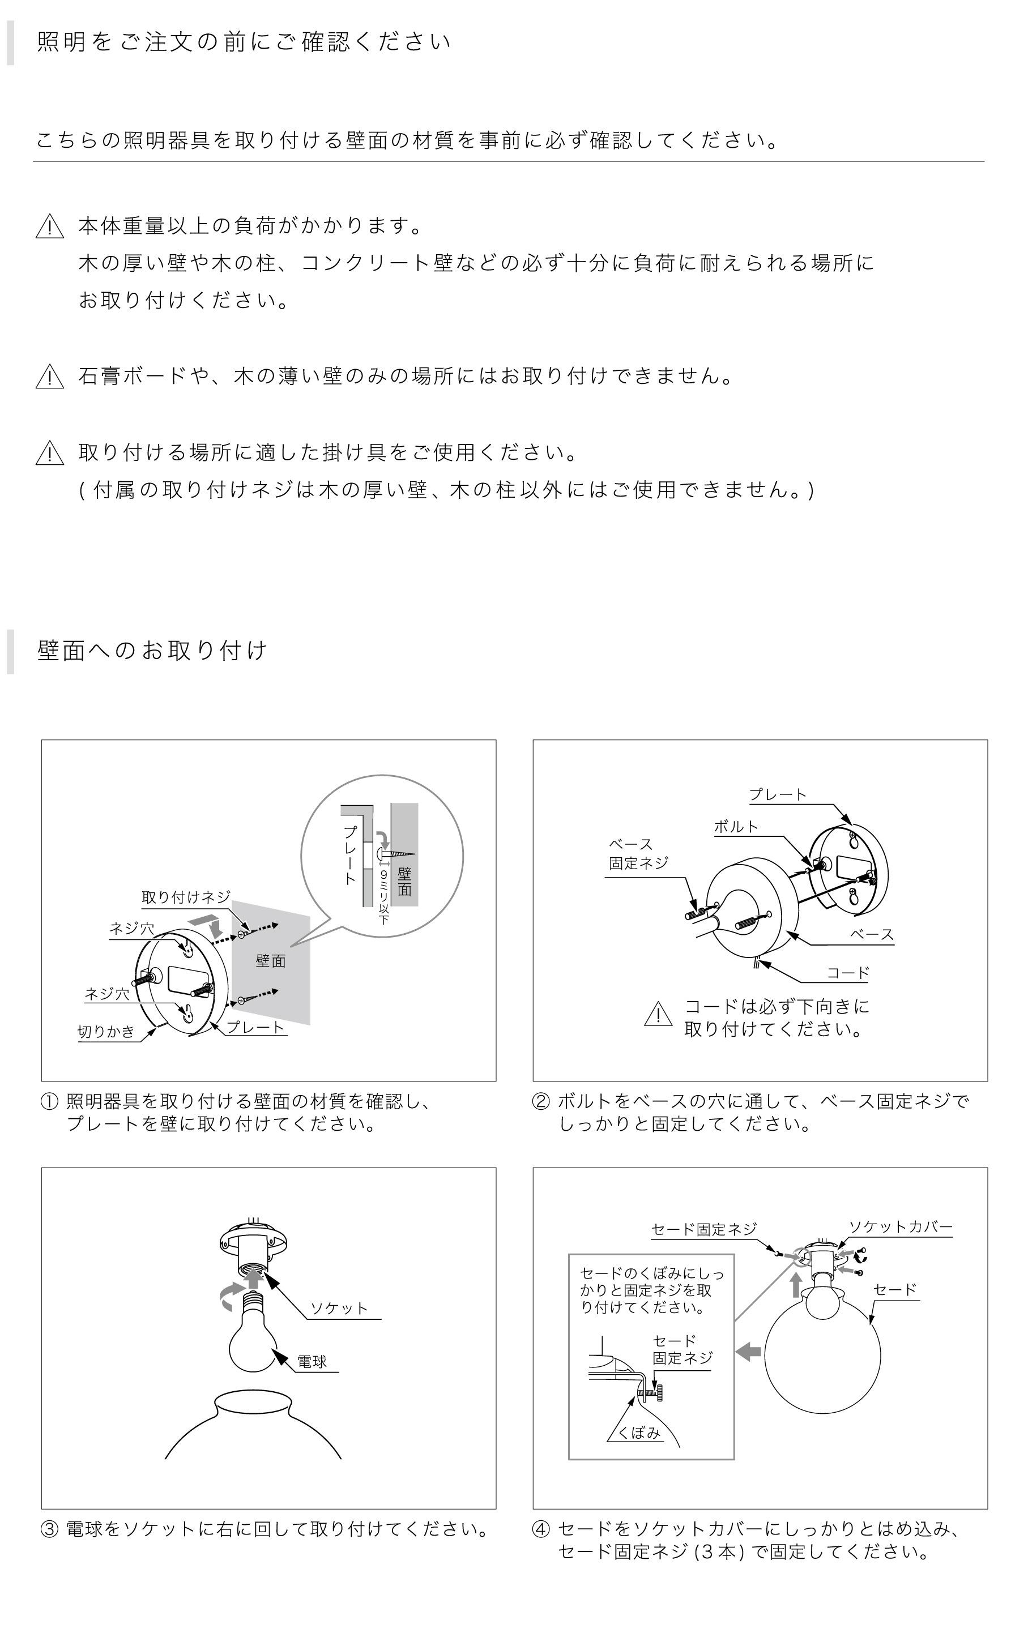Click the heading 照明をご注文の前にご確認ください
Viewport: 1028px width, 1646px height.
click(244, 42)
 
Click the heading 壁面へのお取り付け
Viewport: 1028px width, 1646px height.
click(152, 651)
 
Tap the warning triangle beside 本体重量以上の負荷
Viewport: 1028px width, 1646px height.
click(50, 226)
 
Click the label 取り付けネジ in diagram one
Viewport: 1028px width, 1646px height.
click(186, 897)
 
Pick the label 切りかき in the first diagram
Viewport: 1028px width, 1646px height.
click(106, 1032)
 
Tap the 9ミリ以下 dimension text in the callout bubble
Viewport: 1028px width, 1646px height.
click(383, 896)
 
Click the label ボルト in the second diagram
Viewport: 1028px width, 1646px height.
click(736, 827)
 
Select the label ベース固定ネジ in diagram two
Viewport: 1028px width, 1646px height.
click(638, 854)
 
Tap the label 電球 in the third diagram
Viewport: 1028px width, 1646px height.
click(312, 1361)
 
